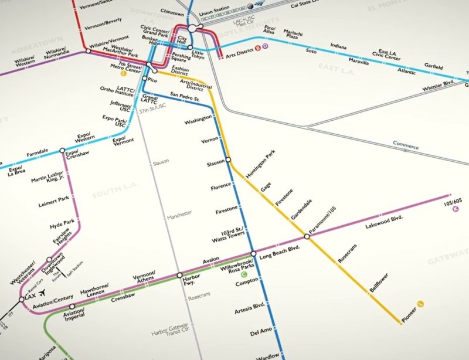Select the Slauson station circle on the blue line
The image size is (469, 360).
tap(228, 159)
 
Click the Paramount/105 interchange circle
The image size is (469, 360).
tap(306, 237)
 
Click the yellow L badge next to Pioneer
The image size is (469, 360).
tap(421, 303)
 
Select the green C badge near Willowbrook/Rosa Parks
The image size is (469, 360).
tap(244, 274)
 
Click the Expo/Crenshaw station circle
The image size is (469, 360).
tap(62, 151)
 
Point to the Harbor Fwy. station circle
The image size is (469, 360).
tap(179, 275)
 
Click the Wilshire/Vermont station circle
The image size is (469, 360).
tap(88, 52)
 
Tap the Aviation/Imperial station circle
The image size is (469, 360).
tap(72, 307)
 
